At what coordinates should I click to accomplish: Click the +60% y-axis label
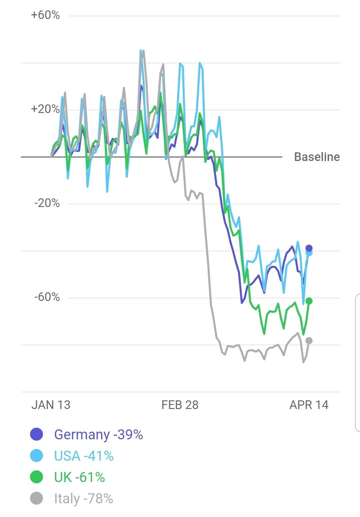[x=45, y=15]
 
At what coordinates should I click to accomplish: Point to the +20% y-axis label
[x=45, y=109]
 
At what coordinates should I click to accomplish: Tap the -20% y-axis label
[x=47, y=203]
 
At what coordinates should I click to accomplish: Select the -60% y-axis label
[x=47, y=297]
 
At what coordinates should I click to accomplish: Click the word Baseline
[x=317, y=157]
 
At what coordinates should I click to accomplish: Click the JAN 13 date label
[x=51, y=405]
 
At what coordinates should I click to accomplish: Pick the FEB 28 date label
[x=180, y=405]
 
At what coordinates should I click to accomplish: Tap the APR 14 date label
[x=309, y=405]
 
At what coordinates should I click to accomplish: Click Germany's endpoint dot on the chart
[x=309, y=248]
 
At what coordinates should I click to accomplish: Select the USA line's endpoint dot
[x=309, y=253]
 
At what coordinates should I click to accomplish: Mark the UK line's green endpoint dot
[x=309, y=301]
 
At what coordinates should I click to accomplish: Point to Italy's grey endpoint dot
[x=309, y=341]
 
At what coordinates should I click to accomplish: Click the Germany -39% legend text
[x=99, y=435]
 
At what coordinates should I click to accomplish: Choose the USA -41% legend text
[x=84, y=456]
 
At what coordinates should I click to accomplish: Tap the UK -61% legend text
[x=80, y=477]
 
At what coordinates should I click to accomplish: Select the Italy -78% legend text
[x=84, y=499]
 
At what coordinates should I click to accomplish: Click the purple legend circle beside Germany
[x=37, y=434]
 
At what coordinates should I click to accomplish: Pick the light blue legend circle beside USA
[x=37, y=456]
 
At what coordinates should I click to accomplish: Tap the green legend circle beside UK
[x=37, y=477]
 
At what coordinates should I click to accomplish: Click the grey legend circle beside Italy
[x=37, y=498]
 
